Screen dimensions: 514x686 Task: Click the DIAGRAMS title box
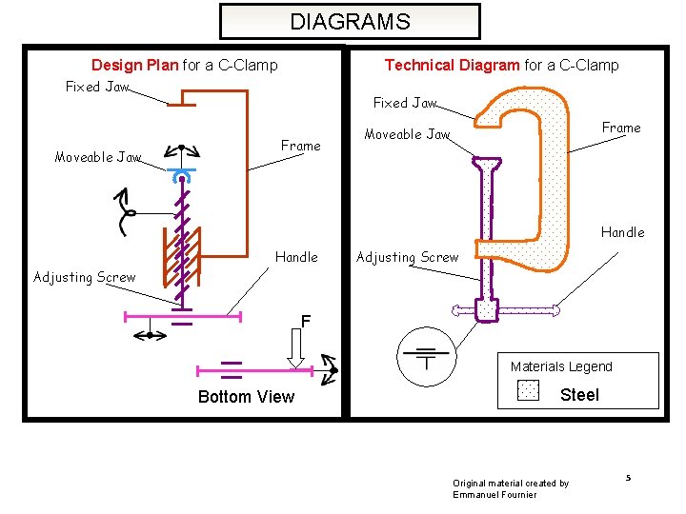[350, 21]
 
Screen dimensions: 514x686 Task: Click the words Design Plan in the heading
[134, 66]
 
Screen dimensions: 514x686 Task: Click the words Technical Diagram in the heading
[452, 65]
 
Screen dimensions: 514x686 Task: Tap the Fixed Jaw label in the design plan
[96, 87]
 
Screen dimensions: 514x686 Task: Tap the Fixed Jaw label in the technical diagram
[404, 103]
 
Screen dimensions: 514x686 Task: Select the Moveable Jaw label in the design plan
[97, 157]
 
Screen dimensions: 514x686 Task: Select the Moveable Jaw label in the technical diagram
[407, 134]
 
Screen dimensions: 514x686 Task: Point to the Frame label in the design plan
[300, 146]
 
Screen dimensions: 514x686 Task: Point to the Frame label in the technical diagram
[621, 128]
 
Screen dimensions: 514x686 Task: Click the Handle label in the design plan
[296, 257]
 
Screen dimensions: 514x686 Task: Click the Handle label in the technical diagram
[622, 232]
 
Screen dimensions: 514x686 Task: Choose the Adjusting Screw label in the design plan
[84, 277]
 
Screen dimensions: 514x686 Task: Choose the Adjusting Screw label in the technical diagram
[407, 257]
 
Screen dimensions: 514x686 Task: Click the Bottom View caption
[246, 397]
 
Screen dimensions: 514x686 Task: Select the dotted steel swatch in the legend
[528, 391]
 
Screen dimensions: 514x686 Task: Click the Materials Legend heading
[561, 366]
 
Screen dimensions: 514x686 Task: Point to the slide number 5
[629, 476]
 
